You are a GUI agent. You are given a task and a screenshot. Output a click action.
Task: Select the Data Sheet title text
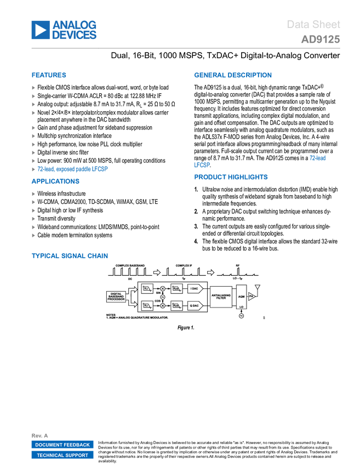pos(313,25)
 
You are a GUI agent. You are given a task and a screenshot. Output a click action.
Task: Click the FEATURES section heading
pos(49,76)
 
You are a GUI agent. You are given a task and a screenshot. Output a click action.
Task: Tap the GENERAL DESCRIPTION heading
pos(232,76)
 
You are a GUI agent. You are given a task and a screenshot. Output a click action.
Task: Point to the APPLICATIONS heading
pos(56,181)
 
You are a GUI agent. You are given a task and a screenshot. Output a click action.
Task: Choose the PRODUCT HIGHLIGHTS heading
pos(231,178)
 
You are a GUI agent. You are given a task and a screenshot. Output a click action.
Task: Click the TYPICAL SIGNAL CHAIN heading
pos(70,256)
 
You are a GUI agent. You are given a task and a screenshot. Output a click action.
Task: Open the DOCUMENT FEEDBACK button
pos(62,445)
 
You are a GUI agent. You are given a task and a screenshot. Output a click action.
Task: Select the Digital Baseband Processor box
pos(116,297)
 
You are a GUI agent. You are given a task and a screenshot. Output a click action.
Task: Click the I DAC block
pos(195,288)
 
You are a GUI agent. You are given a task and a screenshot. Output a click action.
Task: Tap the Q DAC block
pos(195,305)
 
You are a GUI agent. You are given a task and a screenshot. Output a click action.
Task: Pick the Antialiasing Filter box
pos(221,297)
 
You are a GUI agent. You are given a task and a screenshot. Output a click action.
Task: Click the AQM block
pos(241,297)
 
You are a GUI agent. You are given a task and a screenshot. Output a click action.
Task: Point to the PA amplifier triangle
pos(252,296)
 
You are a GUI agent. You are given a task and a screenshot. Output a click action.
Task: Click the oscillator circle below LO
pos(241,316)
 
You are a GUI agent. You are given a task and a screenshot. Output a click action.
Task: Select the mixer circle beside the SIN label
pos(162,288)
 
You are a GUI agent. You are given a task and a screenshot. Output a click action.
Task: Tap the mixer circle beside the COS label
pos(162,305)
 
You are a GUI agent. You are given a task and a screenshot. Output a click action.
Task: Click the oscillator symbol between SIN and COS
pos(162,297)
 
